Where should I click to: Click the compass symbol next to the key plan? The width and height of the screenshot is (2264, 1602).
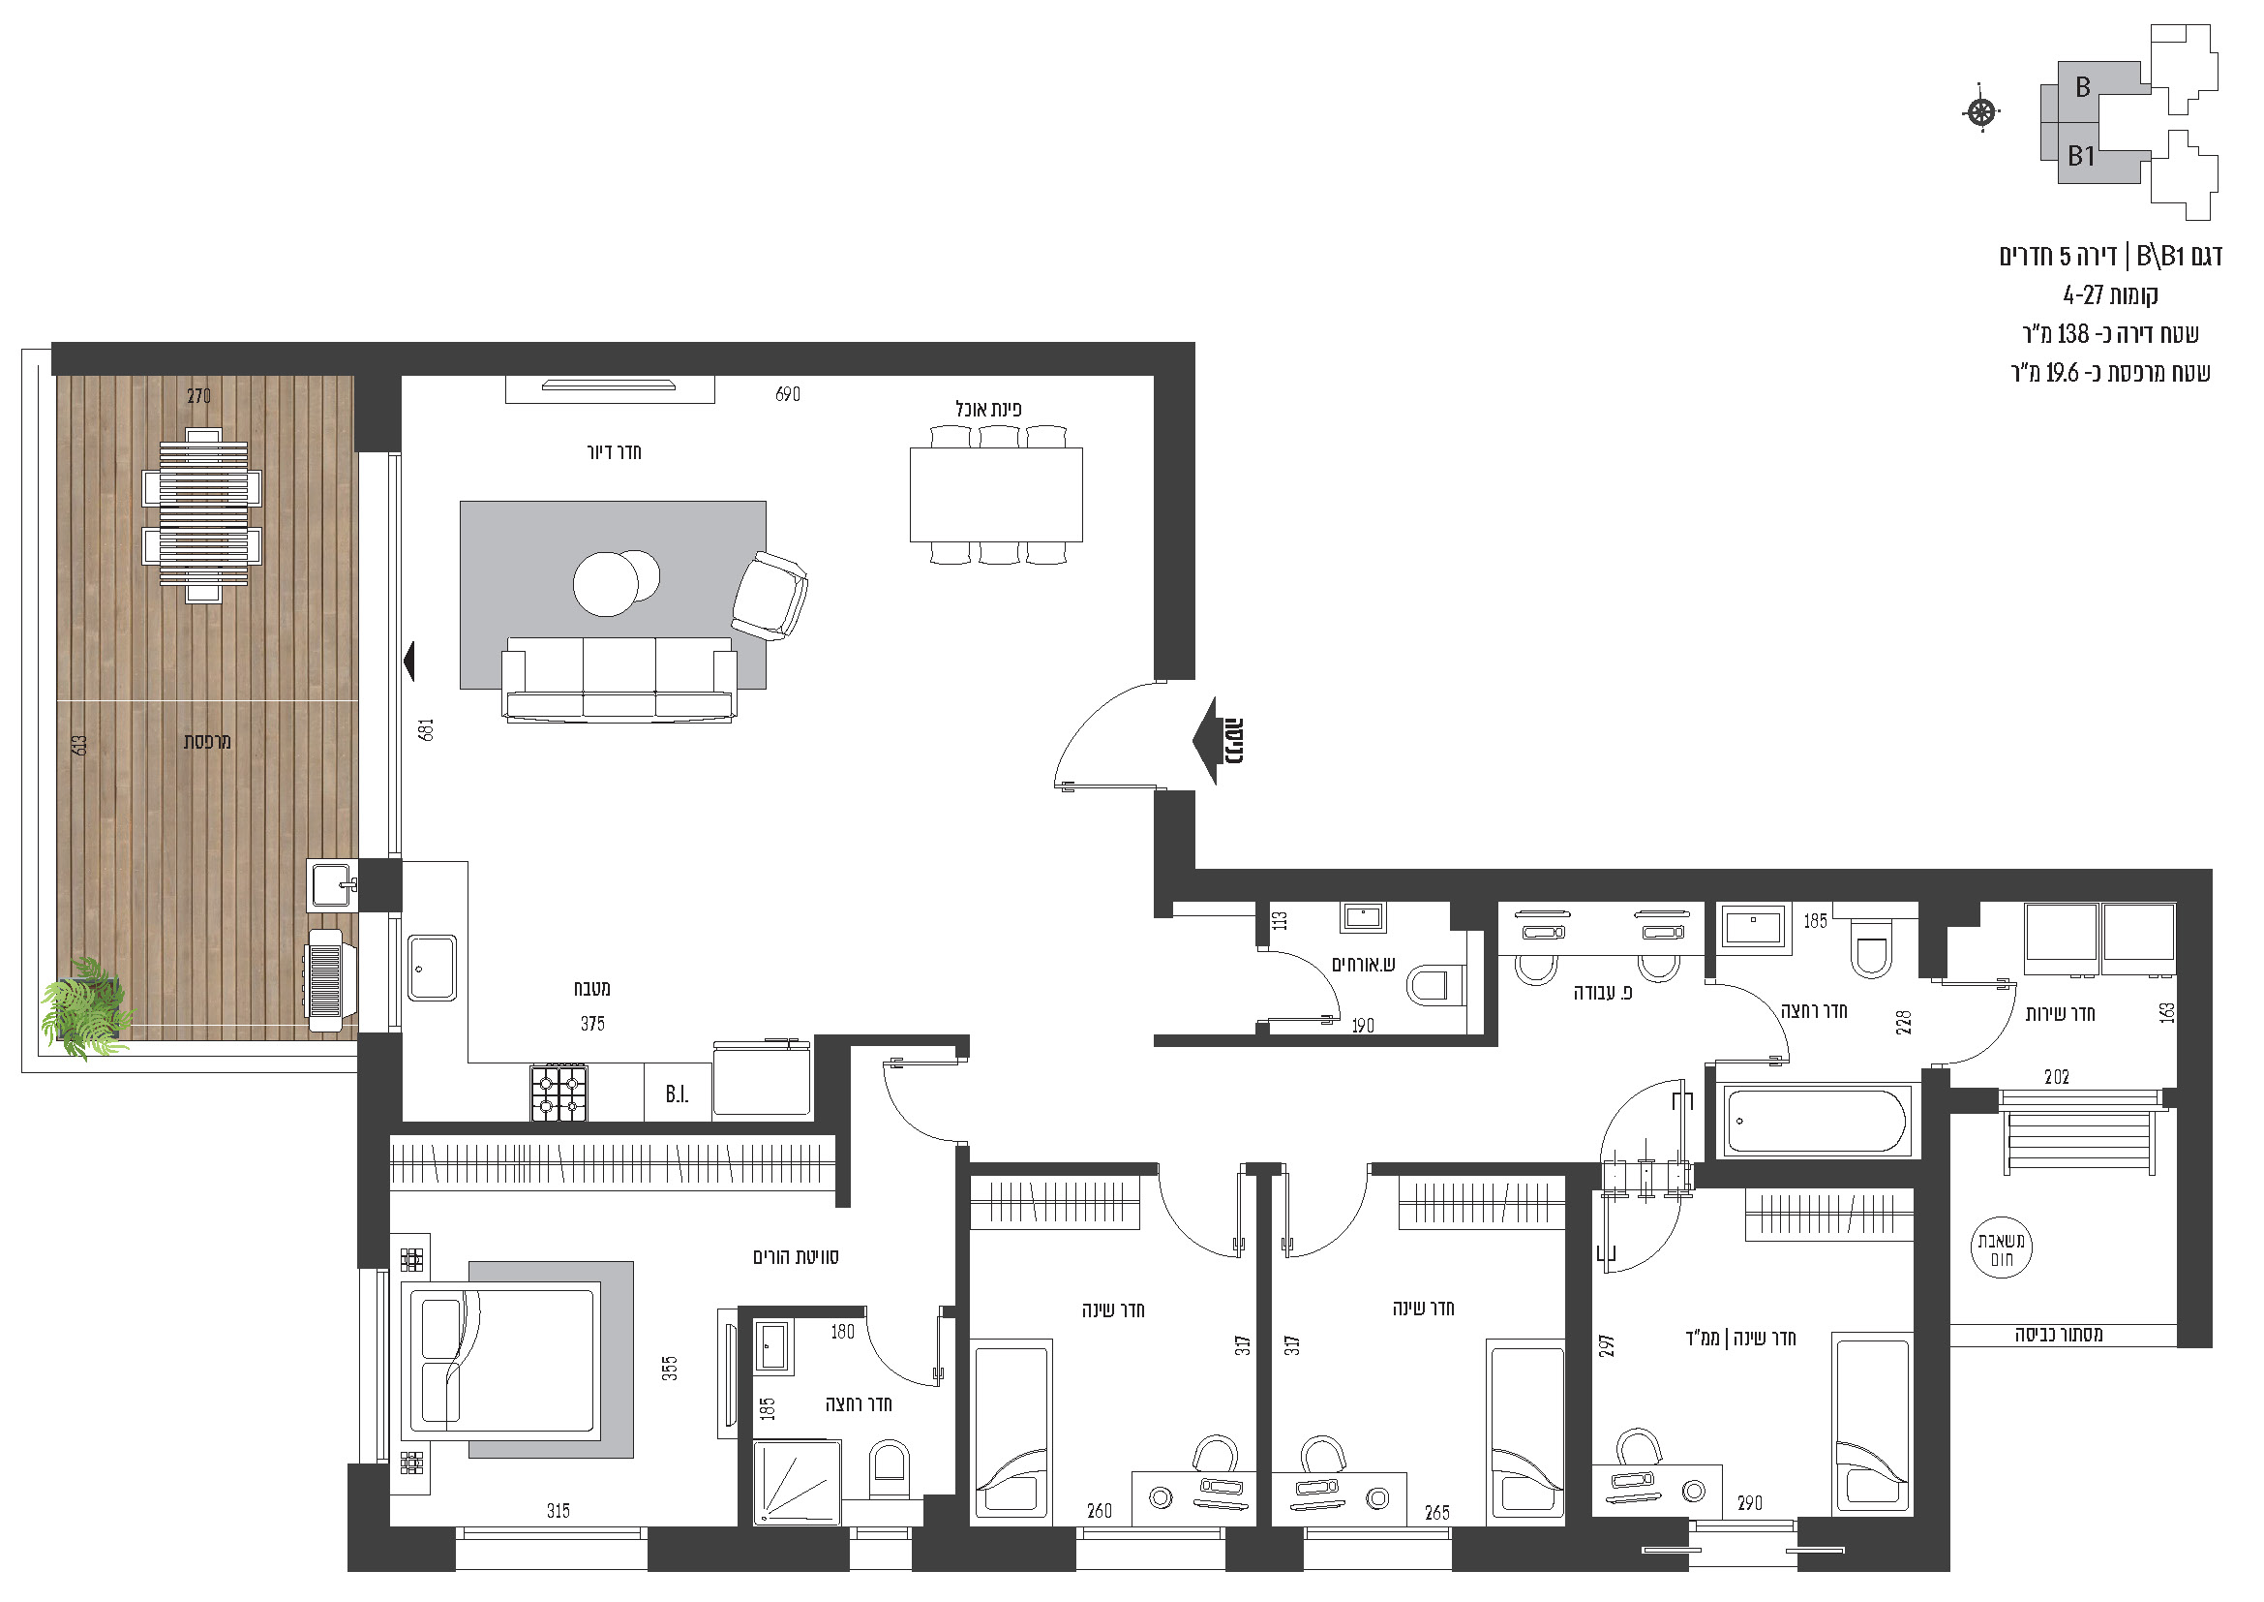tap(1981, 112)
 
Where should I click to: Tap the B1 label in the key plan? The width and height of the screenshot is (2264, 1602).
tap(2081, 156)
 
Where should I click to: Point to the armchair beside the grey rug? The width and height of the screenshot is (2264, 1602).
tap(770, 596)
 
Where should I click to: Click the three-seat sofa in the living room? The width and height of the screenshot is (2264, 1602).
tap(619, 680)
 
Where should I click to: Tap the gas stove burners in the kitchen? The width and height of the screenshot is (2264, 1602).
tap(559, 1092)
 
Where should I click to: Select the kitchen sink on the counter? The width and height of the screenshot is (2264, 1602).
tap(432, 968)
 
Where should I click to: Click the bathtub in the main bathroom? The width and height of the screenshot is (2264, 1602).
tap(1815, 1121)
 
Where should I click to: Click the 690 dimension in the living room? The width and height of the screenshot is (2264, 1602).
tap(787, 394)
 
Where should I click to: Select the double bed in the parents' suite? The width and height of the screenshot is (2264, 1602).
tap(502, 1360)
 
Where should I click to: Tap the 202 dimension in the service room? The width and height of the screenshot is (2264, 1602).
tap(2056, 1077)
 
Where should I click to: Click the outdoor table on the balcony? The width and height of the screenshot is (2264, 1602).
tap(203, 515)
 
